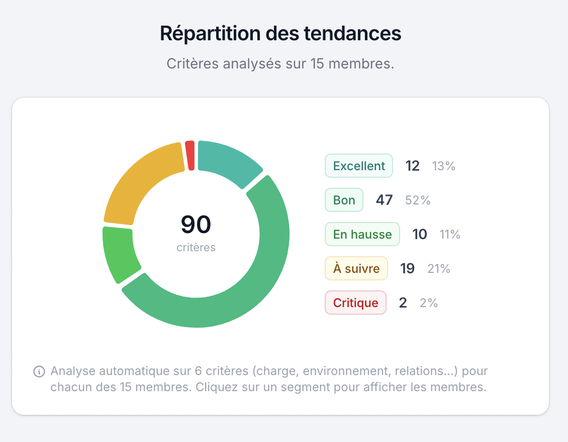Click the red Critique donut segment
190,156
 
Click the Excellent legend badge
358,166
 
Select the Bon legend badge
344,200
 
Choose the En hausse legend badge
362,234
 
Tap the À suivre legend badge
356,268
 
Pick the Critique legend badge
355,303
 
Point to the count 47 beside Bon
384,200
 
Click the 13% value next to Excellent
444,166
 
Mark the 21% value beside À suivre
439,268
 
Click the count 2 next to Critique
403,303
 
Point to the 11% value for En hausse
450,234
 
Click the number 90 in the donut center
196,225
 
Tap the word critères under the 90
196,247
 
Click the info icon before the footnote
39,372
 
